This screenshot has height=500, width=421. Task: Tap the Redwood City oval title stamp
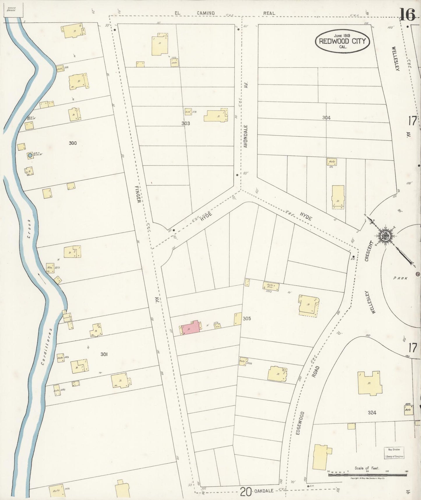click(x=342, y=41)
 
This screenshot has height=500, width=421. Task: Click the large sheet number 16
click(x=407, y=15)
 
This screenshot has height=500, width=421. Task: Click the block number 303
click(x=186, y=123)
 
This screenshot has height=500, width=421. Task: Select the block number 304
click(x=326, y=118)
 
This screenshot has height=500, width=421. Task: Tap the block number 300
click(x=73, y=143)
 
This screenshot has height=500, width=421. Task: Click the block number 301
click(x=104, y=354)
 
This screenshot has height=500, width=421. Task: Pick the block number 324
click(x=372, y=412)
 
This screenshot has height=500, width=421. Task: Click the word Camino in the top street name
click(x=205, y=13)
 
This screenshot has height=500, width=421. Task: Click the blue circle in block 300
click(x=30, y=155)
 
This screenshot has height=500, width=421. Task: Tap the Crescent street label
click(x=369, y=251)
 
